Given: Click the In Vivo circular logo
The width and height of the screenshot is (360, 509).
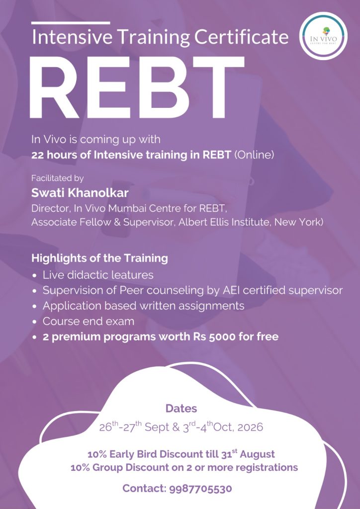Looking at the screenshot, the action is [323, 36].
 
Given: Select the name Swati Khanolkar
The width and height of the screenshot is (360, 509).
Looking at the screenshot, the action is [80, 193].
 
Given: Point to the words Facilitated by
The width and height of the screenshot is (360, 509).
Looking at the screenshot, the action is [58, 178].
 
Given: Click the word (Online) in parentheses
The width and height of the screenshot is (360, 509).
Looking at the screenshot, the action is [254, 155].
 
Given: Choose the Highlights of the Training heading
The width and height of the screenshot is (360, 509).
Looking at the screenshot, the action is [99, 258].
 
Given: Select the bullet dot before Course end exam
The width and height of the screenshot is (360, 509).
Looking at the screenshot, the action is [35, 322].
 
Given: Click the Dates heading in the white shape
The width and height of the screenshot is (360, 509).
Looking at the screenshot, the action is [181, 409].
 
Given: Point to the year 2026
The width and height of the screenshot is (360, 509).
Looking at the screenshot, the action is [250, 427].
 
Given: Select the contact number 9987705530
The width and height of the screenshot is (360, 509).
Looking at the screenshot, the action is [200, 489].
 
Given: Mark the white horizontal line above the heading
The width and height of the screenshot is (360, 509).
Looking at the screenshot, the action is [71, 23].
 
